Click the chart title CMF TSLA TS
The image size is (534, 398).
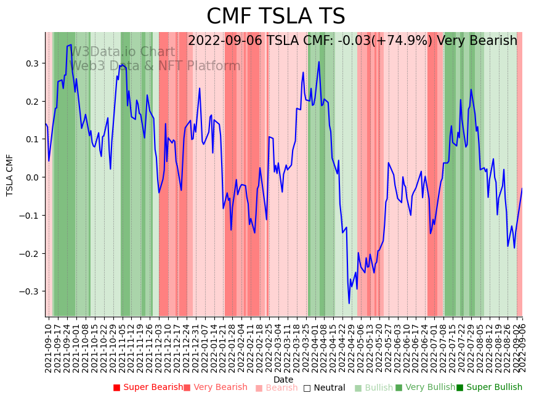pyautogui.click(x=275, y=17)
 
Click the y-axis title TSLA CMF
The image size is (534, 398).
pyautogui.click(x=10, y=175)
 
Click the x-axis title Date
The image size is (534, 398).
pyautogui.click(x=283, y=380)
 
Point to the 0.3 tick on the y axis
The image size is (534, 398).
pyautogui.click(x=31, y=63)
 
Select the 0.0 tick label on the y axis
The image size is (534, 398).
pyautogui.click(x=31, y=177)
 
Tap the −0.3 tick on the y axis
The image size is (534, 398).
pyautogui.click(x=30, y=291)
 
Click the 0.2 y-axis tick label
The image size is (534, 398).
pyautogui.click(x=31, y=102)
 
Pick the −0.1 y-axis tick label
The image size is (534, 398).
pyautogui.click(x=30, y=216)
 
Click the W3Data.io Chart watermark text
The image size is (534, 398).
pyautogui.click(x=122, y=52)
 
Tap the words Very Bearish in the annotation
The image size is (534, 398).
pyautogui.click(x=477, y=41)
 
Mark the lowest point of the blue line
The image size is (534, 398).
pyautogui.click(x=349, y=303)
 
